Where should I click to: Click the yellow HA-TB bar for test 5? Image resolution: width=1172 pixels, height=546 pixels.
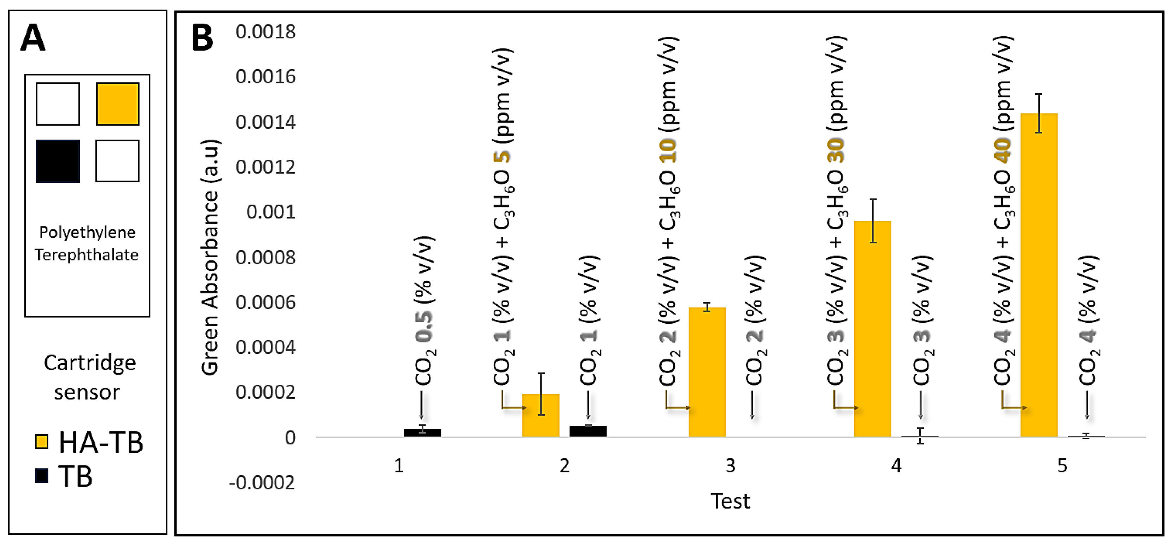click(1039, 275)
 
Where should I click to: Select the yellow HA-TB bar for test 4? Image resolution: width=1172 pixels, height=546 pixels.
click(873, 329)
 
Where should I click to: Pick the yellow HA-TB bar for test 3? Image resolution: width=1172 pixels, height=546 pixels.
click(707, 372)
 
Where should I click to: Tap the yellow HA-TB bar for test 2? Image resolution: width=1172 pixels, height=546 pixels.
click(540, 415)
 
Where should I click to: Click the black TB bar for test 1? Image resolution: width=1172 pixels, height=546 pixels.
click(422, 433)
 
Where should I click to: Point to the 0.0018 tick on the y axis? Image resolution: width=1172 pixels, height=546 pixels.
click(265, 32)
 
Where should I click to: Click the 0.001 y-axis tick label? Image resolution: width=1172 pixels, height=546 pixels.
click(270, 212)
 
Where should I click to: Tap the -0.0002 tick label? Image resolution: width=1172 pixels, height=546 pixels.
click(262, 482)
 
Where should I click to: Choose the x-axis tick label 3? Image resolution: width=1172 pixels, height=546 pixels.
click(730, 465)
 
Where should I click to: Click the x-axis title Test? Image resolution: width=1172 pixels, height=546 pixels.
click(730, 501)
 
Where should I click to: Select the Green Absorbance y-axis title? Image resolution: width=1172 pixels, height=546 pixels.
click(210, 257)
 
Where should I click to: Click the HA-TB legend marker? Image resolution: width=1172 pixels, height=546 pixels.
click(42, 442)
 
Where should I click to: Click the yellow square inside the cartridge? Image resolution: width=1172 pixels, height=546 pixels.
click(117, 104)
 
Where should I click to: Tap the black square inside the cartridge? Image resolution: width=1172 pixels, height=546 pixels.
click(58, 161)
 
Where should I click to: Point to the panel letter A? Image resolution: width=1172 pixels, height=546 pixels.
click(33, 38)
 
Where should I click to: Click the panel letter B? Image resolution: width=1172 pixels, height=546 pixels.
click(202, 38)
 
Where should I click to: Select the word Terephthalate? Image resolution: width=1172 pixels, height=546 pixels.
click(87, 255)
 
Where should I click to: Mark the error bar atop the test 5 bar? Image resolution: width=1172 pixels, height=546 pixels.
click(1039, 113)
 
